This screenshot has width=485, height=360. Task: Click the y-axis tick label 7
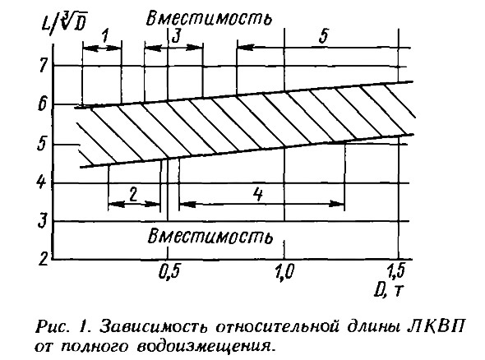[43, 65]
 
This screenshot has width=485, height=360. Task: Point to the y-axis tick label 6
[42, 105]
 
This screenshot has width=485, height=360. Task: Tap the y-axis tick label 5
[41, 144]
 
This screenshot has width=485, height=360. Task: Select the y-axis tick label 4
[41, 182]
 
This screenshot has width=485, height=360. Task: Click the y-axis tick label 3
[42, 220]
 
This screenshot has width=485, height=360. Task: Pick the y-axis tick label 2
[44, 259]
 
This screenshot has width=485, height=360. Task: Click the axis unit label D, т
[389, 290]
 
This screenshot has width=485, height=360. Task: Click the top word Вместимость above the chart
[209, 17]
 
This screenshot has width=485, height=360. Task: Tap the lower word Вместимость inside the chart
[210, 237]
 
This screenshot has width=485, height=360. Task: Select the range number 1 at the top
[105, 36]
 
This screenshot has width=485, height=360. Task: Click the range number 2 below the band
[133, 195]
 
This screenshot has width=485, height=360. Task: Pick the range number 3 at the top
[176, 36]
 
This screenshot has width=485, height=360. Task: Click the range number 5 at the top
[323, 35]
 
